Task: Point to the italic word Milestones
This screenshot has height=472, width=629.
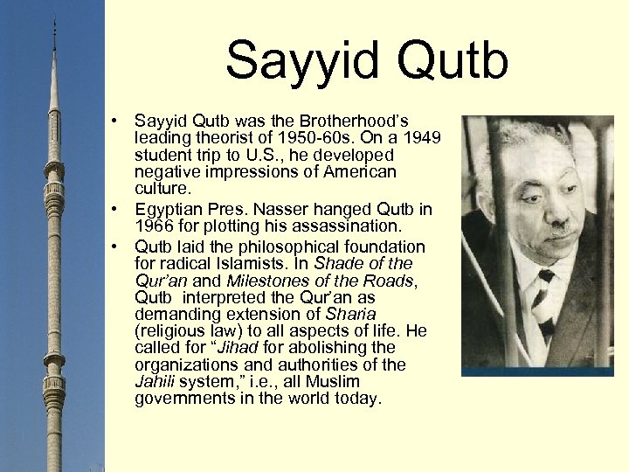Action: (270, 281)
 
